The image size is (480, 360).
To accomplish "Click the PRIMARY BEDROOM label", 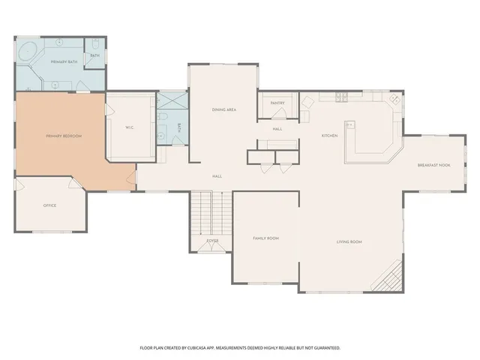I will pos(63,136).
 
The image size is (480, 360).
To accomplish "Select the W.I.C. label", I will pos(129,127).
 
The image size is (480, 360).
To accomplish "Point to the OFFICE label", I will pos(49,205).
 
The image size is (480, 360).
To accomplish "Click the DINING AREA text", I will pos(225,110).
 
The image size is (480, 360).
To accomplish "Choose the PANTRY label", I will pos(277,103).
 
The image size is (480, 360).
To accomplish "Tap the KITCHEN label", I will pos(329,136).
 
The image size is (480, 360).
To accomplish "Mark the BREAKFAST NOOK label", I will pos(433,165).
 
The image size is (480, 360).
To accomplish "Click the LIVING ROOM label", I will pos(349,241).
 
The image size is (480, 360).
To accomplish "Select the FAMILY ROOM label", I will pos(265,238).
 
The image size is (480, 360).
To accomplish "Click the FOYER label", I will pos(213,241).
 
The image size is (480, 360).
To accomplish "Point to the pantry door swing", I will pos(279,113).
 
